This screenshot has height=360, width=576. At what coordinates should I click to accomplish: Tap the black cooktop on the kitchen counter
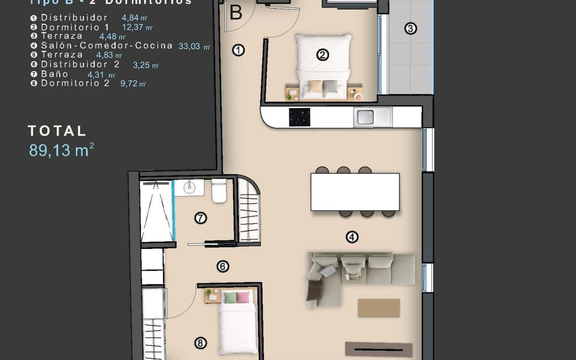pos(299,117)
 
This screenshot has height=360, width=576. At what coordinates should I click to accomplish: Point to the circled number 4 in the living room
pos(352,237)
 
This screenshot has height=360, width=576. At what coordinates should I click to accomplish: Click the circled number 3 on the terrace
pos(410,29)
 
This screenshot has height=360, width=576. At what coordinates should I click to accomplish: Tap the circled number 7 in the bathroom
pos(200,218)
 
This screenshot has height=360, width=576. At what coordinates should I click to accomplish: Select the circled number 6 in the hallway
pos(223,266)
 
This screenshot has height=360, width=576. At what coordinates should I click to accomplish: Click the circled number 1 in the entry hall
pos(238,51)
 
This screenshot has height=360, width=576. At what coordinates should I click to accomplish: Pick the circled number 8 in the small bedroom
pos(200,343)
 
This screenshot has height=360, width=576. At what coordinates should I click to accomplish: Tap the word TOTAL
pos(57,131)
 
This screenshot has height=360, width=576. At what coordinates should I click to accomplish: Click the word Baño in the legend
pos(55,74)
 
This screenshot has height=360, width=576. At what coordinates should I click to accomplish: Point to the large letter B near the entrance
pos(236,13)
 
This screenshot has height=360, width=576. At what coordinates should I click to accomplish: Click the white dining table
pos(355,192)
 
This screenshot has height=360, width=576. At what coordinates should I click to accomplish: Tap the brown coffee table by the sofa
pos(379,308)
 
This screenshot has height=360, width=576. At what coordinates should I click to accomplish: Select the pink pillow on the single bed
pos(243,297)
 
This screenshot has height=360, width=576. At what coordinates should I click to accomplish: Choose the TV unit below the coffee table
pos(378,349)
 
